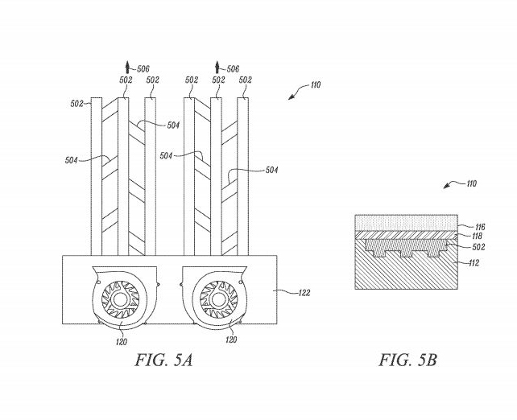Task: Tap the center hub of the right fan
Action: [216, 300]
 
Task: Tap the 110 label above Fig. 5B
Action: [469, 183]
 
